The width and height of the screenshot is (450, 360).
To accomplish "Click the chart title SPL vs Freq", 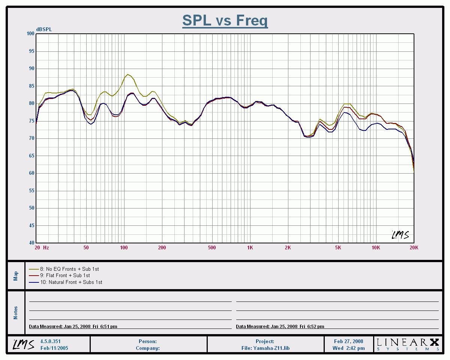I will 225,20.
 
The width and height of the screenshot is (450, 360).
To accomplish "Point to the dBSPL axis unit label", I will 44,29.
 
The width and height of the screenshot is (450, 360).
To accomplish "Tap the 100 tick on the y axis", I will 30,34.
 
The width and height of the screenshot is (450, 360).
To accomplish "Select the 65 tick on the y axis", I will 32,156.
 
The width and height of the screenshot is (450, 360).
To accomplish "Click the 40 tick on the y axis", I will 32,243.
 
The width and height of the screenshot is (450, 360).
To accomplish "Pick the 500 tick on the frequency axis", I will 212,247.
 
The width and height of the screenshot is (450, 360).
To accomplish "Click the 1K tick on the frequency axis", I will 250,247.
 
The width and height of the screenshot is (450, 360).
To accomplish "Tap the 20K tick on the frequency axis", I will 414,247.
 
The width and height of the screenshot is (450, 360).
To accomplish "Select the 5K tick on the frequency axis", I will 338,247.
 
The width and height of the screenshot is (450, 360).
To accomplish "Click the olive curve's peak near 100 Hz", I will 128,74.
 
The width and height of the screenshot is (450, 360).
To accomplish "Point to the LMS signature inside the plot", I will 400,235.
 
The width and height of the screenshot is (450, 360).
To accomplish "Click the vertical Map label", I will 16,276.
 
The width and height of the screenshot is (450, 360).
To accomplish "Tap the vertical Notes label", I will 16,312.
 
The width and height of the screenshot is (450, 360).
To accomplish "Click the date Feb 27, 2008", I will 348,341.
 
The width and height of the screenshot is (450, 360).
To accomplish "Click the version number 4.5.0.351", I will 51,341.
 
